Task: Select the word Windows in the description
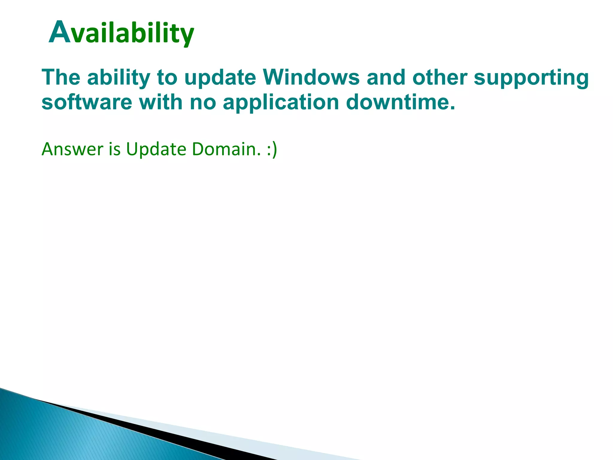pyautogui.click(x=311, y=77)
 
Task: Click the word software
pyautogui.click(x=87, y=102)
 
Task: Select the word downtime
pyautogui.click(x=400, y=102)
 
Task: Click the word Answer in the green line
pyautogui.click(x=72, y=149)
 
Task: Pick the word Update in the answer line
pyautogui.click(x=156, y=149)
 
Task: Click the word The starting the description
pyautogui.click(x=61, y=77)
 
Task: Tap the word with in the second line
pyautogui.click(x=161, y=102)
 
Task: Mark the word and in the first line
pyautogui.click(x=386, y=77)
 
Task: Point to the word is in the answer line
pyautogui.click(x=115, y=149)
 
